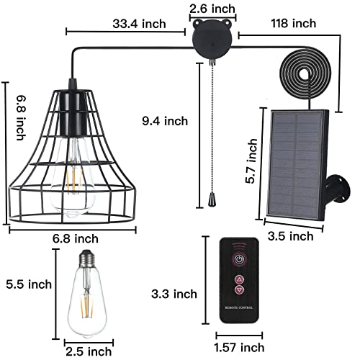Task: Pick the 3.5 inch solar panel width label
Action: pyautogui.click(x=290, y=235)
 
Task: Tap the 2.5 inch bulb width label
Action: pyautogui.click(x=88, y=351)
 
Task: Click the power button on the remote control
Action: pyautogui.click(x=238, y=258)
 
